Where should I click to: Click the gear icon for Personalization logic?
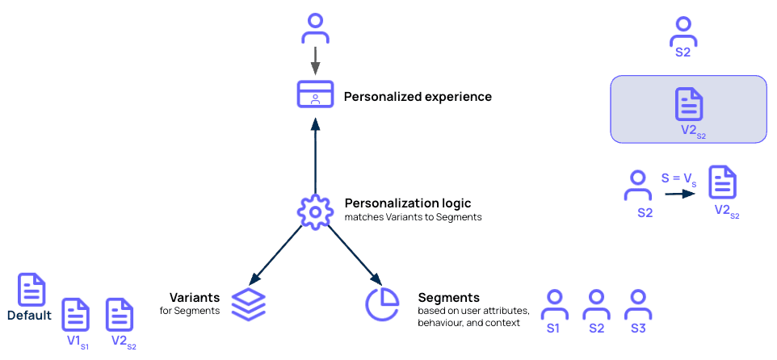[x=315, y=211]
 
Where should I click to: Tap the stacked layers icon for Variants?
[x=248, y=303]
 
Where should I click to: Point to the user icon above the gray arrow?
[x=315, y=27]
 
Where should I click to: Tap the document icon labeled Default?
[x=31, y=290]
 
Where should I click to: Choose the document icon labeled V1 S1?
[x=77, y=314]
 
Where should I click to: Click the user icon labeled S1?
[x=553, y=305]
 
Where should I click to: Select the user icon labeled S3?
[x=639, y=305]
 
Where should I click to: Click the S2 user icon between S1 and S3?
[x=596, y=305]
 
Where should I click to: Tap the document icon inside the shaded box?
[x=688, y=105]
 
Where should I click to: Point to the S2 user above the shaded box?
[x=682, y=31]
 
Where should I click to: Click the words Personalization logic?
[x=408, y=203]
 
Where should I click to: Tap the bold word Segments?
[x=448, y=297]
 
